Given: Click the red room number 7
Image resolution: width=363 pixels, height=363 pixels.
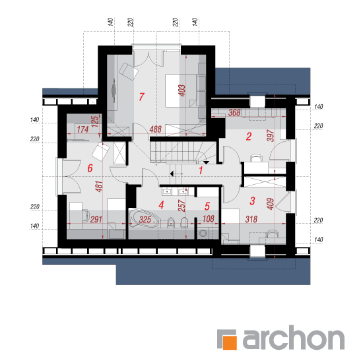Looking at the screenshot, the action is point(141,97).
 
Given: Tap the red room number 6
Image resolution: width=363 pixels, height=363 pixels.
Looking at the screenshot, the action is point(90,168).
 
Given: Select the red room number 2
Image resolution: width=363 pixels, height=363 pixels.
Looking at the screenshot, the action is point(249,137).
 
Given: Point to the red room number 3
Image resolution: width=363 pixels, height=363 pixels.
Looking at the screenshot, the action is point(252,201).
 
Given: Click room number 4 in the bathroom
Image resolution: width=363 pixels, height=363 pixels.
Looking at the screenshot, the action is point(161,205).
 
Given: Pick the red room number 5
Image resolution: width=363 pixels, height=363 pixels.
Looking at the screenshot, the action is point(207,206).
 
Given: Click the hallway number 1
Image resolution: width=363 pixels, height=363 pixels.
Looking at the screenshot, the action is point(201,171).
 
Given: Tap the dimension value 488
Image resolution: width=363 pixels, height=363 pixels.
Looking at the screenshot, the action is point(155,129).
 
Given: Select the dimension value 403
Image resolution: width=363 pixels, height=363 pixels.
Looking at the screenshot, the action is point(181,90).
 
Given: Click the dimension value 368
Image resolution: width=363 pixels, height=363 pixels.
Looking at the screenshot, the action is point(234,113).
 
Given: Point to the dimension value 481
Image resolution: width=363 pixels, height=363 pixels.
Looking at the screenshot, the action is point(99,186).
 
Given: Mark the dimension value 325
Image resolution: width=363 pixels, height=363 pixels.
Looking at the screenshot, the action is point(145,220).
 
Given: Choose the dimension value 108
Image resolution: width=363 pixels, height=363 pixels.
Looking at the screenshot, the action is point(209,218).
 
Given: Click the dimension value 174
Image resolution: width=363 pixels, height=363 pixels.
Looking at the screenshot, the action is point(82,129).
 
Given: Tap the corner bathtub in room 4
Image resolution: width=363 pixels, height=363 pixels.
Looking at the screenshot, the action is point(144,218).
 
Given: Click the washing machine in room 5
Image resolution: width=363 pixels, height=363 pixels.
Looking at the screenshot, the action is point(203,233).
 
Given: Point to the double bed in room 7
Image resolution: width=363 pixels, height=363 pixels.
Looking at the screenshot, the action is point(181,91).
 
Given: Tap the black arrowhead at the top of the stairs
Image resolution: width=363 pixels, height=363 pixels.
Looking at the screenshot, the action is point(206,163).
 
